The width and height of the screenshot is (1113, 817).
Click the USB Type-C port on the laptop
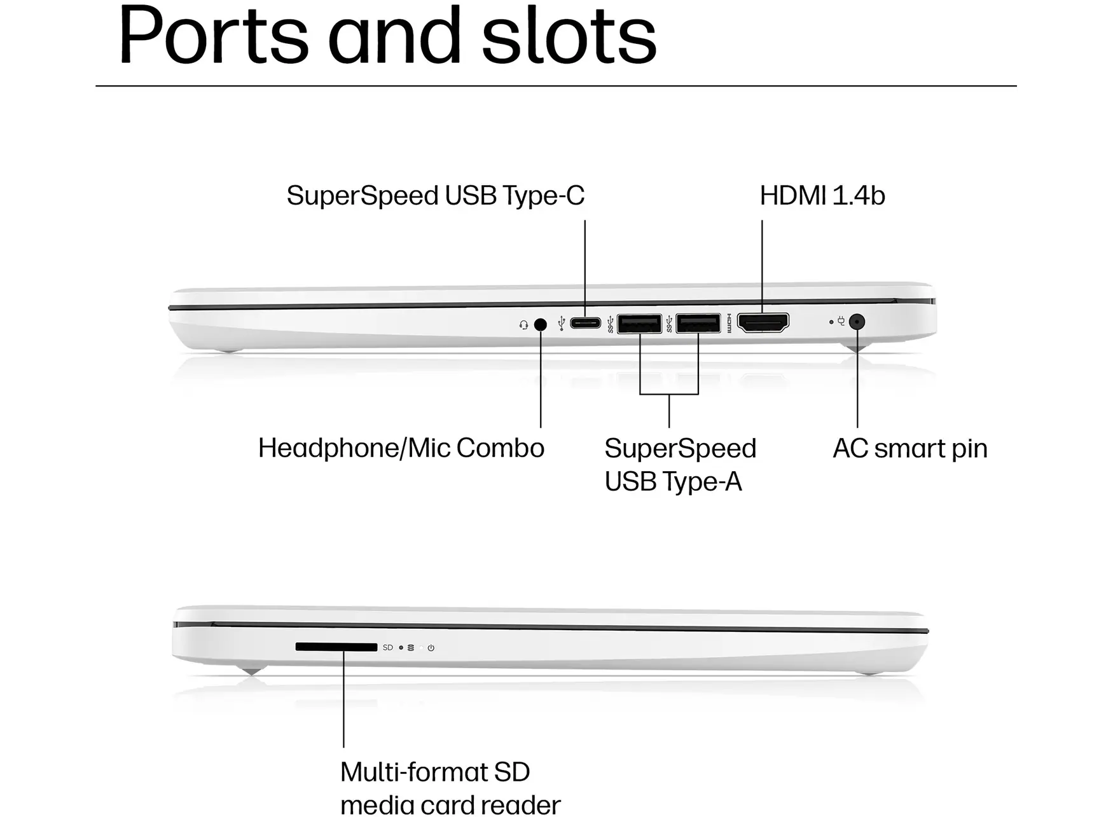[585, 323]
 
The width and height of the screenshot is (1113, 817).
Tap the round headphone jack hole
[541, 325]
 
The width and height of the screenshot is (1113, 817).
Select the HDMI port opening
[763, 322]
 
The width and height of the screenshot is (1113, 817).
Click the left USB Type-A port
[639, 324]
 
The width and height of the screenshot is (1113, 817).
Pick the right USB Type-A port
[698, 323]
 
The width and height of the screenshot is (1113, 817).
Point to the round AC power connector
[857, 322]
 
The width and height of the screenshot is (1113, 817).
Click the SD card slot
[336, 647]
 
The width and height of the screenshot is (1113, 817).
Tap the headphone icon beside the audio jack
[523, 325]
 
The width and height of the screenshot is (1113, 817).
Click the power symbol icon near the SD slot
[431, 648]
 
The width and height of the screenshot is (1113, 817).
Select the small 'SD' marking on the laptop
[388, 647]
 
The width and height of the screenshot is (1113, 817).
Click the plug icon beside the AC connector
[841, 321]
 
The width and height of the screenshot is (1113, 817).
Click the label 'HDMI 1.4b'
[822, 196]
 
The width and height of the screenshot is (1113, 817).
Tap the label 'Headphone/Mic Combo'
[401, 448]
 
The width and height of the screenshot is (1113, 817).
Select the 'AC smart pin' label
[910, 449]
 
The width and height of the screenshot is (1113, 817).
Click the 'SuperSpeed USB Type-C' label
[436, 196]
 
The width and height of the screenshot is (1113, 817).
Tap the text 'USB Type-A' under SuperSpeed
[674, 482]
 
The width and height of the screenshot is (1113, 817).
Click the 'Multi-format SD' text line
[435, 772]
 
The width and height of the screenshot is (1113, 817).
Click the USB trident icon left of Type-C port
[561, 324]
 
